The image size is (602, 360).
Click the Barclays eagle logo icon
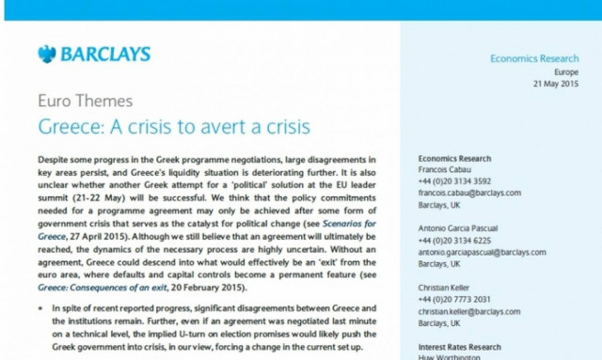46,55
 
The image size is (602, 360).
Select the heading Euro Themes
85,101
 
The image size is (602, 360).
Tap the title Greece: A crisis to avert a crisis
173,125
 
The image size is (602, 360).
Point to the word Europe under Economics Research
565,72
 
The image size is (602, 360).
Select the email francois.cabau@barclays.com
469,193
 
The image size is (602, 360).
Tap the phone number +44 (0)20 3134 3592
454,181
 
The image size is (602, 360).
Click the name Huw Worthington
451,357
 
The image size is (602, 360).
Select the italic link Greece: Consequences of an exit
112,287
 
